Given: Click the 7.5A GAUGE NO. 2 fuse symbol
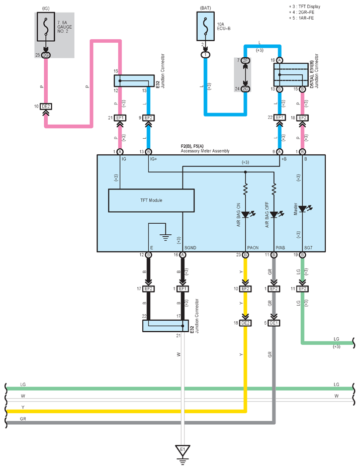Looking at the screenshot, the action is pyautogui.click(x=46, y=27).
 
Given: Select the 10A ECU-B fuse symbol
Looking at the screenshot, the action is pyautogui.click(x=206, y=26).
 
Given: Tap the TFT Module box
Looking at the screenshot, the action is pyautogui.click(x=151, y=201).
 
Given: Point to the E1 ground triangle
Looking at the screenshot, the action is pyautogui.click(x=183, y=451).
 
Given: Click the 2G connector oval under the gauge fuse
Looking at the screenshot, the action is pyautogui.click(x=46, y=55).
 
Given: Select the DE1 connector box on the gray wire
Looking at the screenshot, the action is pyautogui.click(x=274, y=323).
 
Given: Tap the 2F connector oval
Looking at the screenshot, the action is pyautogui.click(x=245, y=60).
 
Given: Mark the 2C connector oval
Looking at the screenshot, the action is pyautogui.click(x=245, y=89).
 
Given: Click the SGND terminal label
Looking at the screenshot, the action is pyautogui.click(x=191, y=248).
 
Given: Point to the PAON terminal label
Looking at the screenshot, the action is pyautogui.click(x=253, y=248).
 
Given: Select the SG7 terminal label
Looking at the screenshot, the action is pyautogui.click(x=308, y=248).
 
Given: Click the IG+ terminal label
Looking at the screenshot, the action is pyautogui.click(x=153, y=159).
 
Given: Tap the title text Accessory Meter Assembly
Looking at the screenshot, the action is pyautogui.click(x=205, y=151).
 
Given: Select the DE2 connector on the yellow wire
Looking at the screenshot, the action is pyautogui.click(x=245, y=323).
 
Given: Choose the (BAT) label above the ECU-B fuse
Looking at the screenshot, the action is pyautogui.click(x=206, y=8).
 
